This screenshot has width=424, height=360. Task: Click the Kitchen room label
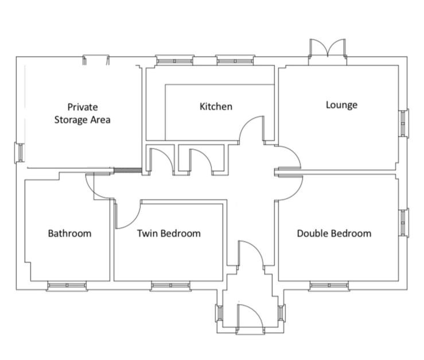pos(216,106)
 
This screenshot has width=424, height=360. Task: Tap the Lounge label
pos(341,104)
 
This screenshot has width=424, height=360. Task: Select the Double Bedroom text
pos(333,233)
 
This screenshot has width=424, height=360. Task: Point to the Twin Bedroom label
pos(169,233)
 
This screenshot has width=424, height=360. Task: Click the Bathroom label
pos(69,233)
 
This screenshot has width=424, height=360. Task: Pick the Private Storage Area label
pos(83,113)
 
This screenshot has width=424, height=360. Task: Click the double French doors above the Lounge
pos(328,48)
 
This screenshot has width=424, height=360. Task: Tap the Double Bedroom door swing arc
pos(290,187)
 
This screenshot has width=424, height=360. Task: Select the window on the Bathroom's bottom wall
pos(67,285)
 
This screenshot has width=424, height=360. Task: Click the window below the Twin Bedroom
pos(170,285)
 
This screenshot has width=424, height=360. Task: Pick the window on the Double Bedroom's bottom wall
pos(329,285)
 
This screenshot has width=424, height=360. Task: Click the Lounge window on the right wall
pos(403,123)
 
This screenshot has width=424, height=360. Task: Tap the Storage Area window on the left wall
pos(18,152)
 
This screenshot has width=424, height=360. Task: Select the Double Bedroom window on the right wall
pos(403,222)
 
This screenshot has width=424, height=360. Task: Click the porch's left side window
pos(219,313)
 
